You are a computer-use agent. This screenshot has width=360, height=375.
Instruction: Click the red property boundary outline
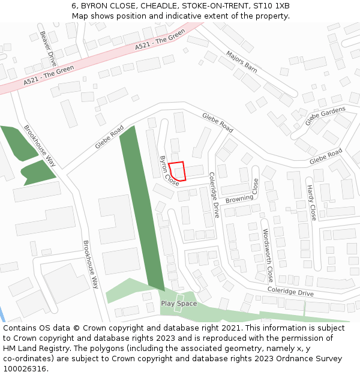(x=177, y=171)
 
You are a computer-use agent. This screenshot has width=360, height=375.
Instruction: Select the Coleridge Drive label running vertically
(x=214, y=195)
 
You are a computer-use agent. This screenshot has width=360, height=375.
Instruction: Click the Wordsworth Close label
(x=268, y=255)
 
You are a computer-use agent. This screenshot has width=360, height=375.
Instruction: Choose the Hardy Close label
(x=311, y=203)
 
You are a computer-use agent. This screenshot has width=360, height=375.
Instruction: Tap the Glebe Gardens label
(x=325, y=116)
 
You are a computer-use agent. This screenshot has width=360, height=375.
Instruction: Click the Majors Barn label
(x=242, y=62)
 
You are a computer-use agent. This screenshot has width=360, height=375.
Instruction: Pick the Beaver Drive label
(x=47, y=45)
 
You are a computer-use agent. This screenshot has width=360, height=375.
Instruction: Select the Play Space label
(x=179, y=304)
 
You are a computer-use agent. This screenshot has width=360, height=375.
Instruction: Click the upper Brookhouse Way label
(x=40, y=145)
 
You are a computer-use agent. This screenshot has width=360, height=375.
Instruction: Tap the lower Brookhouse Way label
(x=91, y=265)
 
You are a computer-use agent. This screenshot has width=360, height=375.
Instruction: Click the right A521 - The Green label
(x=160, y=40)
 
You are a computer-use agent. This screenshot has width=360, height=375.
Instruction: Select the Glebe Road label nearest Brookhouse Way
(x=109, y=137)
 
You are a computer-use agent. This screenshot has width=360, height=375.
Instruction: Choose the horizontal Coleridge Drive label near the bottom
(x=290, y=292)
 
